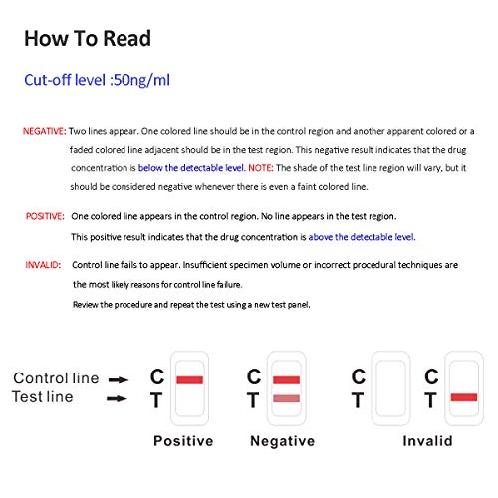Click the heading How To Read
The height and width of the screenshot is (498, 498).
(88, 39)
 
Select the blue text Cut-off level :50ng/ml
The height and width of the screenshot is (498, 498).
(97, 80)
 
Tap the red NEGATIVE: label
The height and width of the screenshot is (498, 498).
(45, 131)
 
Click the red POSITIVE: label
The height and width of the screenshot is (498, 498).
(45, 216)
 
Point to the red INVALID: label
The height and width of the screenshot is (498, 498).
(43, 265)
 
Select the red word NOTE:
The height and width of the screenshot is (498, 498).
(261, 168)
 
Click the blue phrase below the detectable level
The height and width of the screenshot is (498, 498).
(191, 168)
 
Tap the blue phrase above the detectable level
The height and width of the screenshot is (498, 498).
(362, 237)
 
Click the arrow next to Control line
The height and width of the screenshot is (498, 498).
(119, 379)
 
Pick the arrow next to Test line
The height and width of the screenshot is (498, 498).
(117, 398)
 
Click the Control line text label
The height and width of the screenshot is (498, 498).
(56, 378)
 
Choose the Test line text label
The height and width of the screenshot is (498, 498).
(43, 397)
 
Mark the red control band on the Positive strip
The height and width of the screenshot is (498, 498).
(189, 379)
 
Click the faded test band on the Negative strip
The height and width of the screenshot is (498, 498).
(286, 398)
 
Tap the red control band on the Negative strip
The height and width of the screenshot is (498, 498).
(286, 379)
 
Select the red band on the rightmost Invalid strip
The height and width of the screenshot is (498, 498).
(464, 397)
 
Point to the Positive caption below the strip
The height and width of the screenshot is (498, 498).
(183, 441)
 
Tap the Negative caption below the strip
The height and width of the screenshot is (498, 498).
(282, 441)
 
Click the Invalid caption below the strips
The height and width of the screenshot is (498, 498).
(427, 441)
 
